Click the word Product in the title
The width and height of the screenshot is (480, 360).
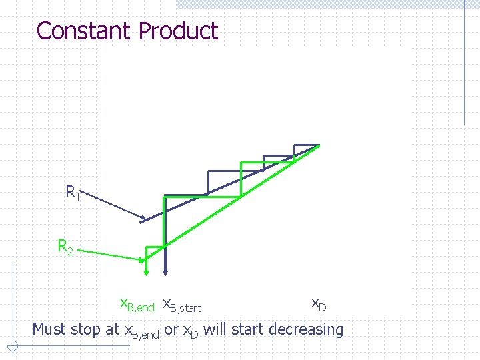[178, 31]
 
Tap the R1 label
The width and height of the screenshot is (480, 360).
[73, 193]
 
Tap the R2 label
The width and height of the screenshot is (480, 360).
[65, 247]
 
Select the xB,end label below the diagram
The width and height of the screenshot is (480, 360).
[137, 305]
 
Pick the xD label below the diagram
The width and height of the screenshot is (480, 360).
[319, 304]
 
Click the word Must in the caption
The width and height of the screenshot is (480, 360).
[49, 329]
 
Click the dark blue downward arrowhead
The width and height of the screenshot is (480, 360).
[165, 271]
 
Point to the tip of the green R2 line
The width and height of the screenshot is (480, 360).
[141, 260]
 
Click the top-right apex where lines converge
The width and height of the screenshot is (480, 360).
[319, 145]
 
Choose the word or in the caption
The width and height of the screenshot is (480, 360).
[171, 329]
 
